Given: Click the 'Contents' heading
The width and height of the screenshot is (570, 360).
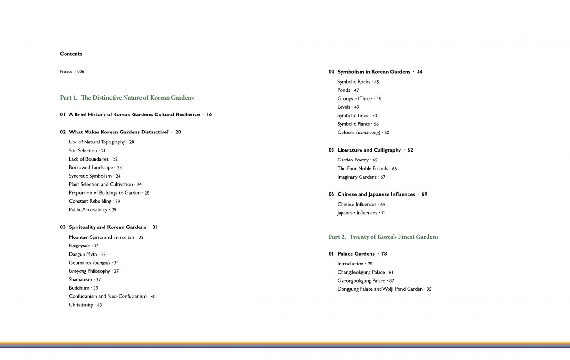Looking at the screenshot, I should pos(71,54).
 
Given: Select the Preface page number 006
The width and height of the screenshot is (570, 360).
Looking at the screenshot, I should pos(81,72).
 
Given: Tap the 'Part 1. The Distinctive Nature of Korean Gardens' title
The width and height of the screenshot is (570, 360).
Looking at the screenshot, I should pos(127,98).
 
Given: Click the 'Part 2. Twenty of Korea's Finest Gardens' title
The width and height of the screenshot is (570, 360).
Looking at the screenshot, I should pos(383,237).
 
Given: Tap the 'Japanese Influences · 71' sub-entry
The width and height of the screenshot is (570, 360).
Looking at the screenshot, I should pos(361,213).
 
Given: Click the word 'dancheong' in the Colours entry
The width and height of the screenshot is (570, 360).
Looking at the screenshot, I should pos(367,133).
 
